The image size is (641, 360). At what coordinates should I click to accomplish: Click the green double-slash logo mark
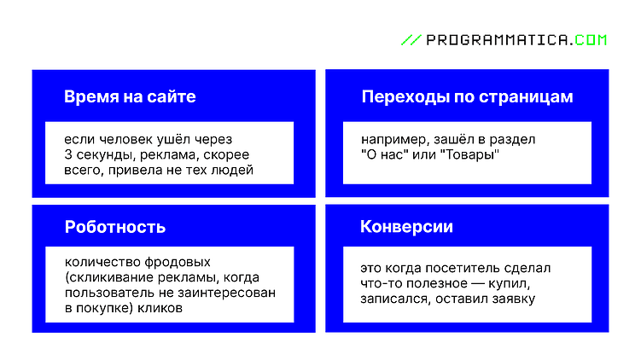coord(411,39)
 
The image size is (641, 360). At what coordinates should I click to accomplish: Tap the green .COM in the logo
coord(590,39)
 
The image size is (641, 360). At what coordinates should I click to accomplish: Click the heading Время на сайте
coord(130,96)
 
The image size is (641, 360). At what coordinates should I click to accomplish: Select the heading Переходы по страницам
coord(467,96)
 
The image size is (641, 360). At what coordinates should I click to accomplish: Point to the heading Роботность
coord(115,227)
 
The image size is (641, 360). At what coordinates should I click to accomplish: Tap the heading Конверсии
coord(406,227)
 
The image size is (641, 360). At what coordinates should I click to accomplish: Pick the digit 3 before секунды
coord(68,154)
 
